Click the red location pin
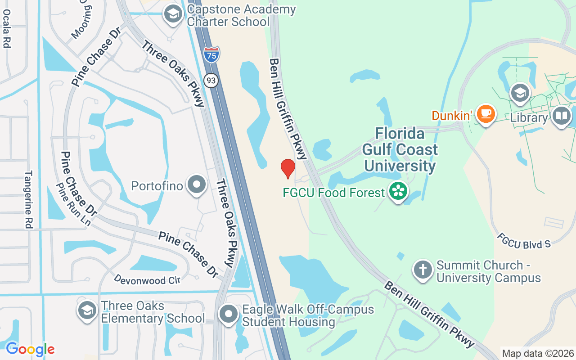click(288, 168)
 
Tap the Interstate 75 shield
click(211, 54)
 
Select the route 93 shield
click(211, 81)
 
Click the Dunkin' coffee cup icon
click(486, 113)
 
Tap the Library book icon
click(562, 116)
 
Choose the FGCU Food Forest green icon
click(398, 191)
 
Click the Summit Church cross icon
click(423, 270)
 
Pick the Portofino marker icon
click(197, 184)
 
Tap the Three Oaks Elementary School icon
click(87, 311)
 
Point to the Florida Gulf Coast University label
click(400, 150)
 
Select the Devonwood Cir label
click(147, 279)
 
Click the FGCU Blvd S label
click(524, 241)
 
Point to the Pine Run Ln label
click(73, 204)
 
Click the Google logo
click(30, 349)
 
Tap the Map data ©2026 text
click(538, 353)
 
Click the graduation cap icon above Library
click(520, 93)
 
